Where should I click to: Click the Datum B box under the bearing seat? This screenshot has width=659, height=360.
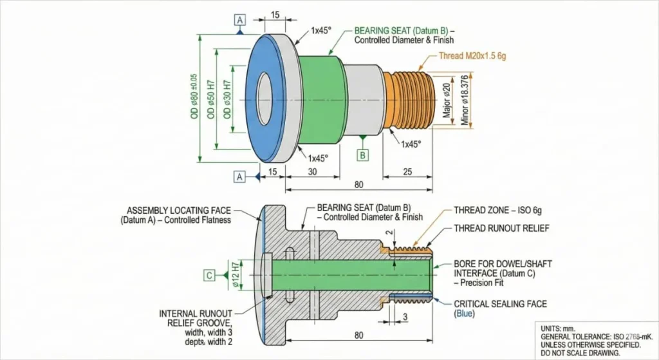pos(363,155)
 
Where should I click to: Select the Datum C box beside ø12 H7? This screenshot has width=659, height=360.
pos(209,276)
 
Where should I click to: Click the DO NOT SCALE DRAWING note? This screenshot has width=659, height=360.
pos(579,353)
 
